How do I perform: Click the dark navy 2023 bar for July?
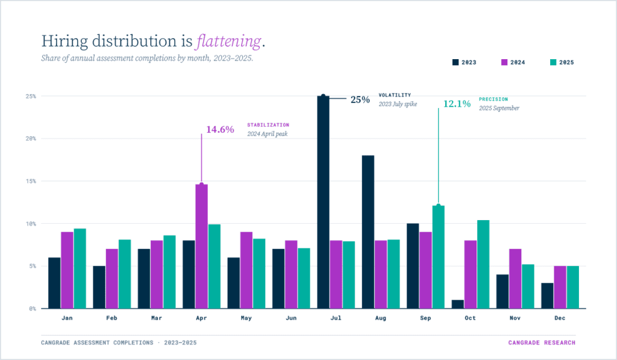tap(323, 202)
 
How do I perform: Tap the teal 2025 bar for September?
tap(438, 257)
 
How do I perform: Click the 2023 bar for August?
tap(368, 232)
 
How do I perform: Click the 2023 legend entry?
tap(465, 62)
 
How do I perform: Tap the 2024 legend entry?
tap(513, 62)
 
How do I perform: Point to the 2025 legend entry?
tap(562, 62)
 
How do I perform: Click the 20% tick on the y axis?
tap(31, 139)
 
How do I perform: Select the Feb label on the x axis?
tap(112, 318)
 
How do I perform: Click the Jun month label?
tap(291, 318)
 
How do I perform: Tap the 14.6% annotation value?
tap(220, 129)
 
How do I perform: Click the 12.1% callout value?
tap(457, 104)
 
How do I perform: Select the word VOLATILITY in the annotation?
tap(395, 95)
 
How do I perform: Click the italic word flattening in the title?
tap(229, 42)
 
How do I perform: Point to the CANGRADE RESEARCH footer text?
tap(542, 343)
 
